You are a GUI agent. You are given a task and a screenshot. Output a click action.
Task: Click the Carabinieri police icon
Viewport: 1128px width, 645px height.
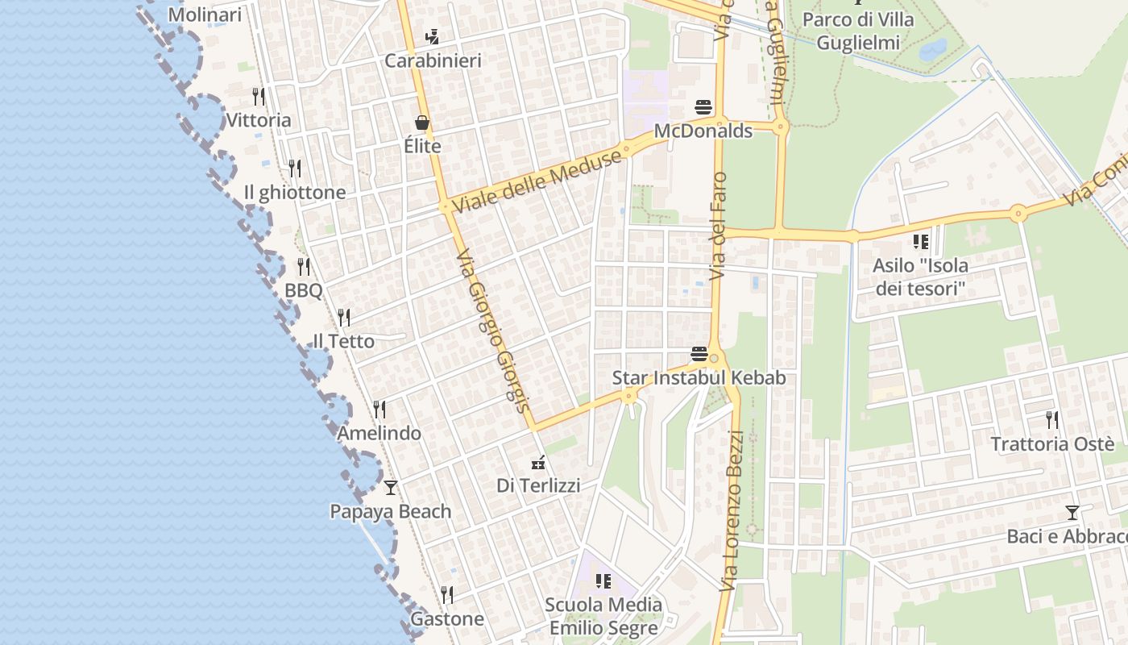(432, 36)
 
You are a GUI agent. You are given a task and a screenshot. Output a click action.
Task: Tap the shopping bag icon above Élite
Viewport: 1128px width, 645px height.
(422, 123)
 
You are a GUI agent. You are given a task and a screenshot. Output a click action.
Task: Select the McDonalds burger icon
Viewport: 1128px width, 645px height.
(703, 107)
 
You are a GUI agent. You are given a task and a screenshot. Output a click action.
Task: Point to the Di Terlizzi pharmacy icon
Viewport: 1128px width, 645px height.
(538, 463)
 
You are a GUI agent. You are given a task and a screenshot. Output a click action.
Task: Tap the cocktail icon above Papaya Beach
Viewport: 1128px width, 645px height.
(391, 487)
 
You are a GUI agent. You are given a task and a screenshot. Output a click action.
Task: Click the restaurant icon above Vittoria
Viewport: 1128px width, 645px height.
(259, 97)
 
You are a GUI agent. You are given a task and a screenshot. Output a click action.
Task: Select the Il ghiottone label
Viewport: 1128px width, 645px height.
(295, 193)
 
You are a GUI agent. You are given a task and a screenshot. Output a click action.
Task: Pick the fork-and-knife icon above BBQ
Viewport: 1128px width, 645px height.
(304, 266)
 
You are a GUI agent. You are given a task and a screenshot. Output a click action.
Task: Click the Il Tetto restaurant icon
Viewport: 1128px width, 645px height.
(344, 317)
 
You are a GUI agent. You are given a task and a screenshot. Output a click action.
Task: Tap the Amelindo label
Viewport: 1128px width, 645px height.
(379, 433)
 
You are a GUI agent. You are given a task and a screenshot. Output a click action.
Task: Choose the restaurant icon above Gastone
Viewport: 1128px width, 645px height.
(447, 595)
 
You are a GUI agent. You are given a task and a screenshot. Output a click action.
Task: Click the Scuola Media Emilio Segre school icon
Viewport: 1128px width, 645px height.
(603, 580)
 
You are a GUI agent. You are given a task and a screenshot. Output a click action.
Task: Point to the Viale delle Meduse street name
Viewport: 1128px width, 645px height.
(537, 181)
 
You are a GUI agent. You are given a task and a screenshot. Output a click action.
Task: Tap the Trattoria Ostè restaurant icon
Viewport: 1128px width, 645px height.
(1052, 419)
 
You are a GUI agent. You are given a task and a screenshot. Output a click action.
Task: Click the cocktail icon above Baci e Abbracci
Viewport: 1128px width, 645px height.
(1072, 512)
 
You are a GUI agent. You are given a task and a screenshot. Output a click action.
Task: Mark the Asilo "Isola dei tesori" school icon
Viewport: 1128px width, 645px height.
(921, 241)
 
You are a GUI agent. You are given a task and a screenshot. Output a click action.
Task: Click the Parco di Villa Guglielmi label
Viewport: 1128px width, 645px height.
(858, 30)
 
